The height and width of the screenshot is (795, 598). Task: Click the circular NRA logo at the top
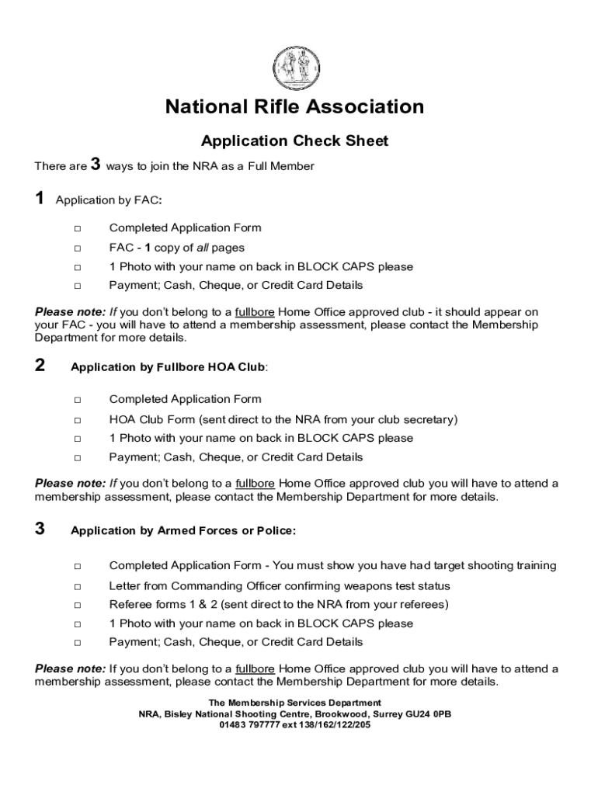pyautogui.click(x=294, y=67)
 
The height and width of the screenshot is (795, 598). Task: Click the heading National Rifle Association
pyautogui.click(x=294, y=107)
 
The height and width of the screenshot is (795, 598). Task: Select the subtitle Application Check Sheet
pyautogui.click(x=294, y=141)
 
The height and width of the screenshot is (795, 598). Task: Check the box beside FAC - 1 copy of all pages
pyautogui.click(x=78, y=248)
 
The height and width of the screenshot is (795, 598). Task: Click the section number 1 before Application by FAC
pyautogui.click(x=40, y=200)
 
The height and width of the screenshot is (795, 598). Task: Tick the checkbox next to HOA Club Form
pyautogui.click(x=78, y=420)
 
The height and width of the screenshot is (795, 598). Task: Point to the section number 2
pyautogui.click(x=40, y=366)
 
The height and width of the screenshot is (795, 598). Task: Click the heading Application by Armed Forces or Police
pyautogui.click(x=183, y=531)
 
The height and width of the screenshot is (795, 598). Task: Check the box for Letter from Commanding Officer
pyautogui.click(x=78, y=586)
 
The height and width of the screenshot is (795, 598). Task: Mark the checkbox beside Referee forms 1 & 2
pyautogui.click(x=78, y=605)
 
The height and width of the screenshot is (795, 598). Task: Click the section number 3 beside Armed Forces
pyautogui.click(x=40, y=529)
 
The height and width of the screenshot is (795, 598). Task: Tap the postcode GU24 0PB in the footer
pyautogui.click(x=431, y=714)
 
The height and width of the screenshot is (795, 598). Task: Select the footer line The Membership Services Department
pyautogui.click(x=294, y=703)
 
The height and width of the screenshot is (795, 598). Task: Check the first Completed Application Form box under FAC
pyautogui.click(x=78, y=228)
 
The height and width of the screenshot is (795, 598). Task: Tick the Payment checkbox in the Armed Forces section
pyautogui.click(x=78, y=643)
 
